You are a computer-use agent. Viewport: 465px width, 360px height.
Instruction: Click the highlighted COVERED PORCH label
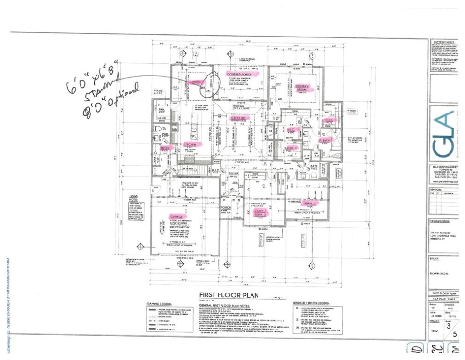237,75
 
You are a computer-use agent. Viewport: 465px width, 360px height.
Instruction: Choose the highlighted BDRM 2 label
312,203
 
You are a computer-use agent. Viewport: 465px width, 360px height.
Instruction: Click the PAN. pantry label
160,109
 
